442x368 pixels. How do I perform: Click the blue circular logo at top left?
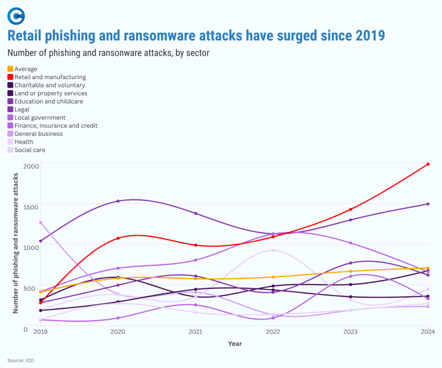click(x=16, y=16)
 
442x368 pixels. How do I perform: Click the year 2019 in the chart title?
click(x=369, y=35)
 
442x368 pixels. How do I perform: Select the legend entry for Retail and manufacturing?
click(x=50, y=77)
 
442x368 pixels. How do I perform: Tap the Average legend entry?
click(x=26, y=69)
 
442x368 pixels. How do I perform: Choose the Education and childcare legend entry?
click(x=48, y=101)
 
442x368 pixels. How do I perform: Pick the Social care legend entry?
click(x=29, y=150)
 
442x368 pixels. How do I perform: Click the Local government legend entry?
click(x=40, y=118)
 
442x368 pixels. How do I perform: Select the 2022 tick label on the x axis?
click(x=273, y=332)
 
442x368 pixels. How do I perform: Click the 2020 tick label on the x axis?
click(x=118, y=332)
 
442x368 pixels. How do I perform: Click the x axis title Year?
click(x=234, y=344)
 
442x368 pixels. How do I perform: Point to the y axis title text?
click(x=16, y=243)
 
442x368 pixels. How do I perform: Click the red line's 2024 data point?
click(x=428, y=164)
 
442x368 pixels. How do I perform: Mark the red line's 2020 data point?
click(x=118, y=238)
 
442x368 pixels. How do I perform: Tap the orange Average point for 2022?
click(x=273, y=277)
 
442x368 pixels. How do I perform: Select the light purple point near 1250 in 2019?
click(x=41, y=223)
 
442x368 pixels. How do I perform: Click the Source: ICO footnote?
click(x=21, y=360)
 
